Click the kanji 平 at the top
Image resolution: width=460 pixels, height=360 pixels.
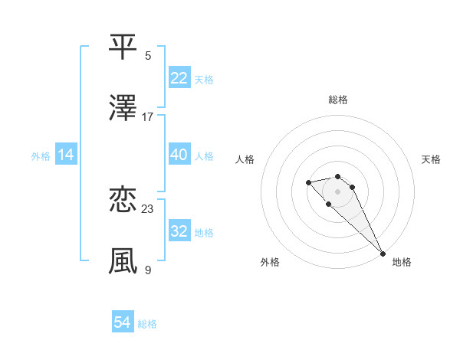point(123,47)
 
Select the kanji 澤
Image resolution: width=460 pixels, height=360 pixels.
point(123,108)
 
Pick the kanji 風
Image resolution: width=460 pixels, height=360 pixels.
point(123,260)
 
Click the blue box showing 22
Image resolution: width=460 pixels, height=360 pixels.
point(179,78)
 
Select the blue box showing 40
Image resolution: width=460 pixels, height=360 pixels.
point(179,155)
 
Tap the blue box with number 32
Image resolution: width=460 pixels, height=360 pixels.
point(179,231)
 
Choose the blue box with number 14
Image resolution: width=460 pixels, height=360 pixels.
point(66,155)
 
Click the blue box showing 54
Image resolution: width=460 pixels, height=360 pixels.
point(123,322)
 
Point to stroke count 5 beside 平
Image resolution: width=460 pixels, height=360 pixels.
point(148,55)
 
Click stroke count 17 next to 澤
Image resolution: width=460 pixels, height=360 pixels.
point(148,117)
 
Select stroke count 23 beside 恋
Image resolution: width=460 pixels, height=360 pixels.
point(148,208)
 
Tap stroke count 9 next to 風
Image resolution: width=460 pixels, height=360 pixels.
point(148,270)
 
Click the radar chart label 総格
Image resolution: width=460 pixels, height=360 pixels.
point(338,100)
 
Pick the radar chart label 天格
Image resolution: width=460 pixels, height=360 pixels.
point(432,159)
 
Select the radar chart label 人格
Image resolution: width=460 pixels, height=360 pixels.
point(245,159)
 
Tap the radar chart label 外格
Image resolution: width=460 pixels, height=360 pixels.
point(270,262)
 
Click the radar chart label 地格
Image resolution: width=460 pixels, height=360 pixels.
point(402,262)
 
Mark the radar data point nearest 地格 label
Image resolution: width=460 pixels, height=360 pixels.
point(383,254)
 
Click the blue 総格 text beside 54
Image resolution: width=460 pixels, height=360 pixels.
point(147,324)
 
